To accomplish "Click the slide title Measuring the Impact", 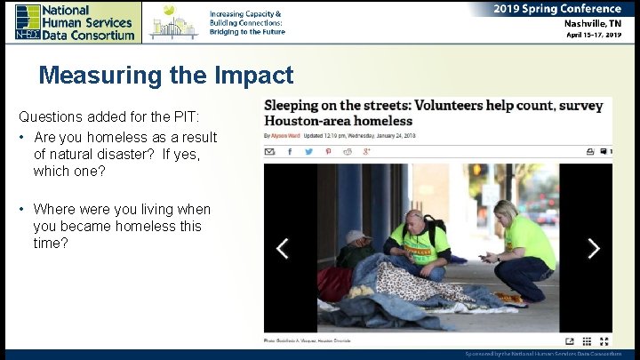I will point(165,76).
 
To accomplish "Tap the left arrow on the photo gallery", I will point(282,248).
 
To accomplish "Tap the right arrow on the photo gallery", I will point(593,248).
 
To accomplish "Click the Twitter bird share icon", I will point(308,152).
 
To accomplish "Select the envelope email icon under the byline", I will point(270,152).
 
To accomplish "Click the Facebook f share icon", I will point(290,152).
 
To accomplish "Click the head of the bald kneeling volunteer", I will point(414,219).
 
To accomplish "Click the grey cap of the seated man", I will point(357,236).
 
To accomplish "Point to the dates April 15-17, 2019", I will point(594,36).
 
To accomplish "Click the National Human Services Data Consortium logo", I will point(75,21).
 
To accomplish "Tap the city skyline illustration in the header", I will point(173,23).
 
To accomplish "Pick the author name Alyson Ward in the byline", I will point(287,136).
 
